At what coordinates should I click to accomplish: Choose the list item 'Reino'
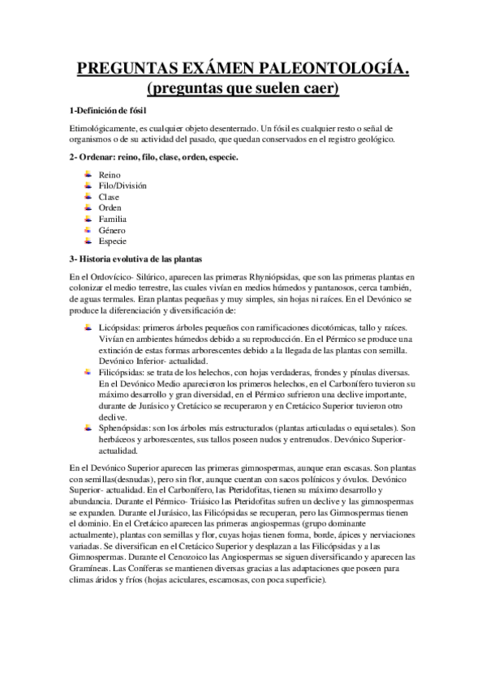[110, 174]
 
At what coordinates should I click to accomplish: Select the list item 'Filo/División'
[123, 186]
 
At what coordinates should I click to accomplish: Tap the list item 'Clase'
[109, 197]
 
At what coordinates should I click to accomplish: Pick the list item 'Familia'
[113, 219]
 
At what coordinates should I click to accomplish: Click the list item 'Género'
[112, 230]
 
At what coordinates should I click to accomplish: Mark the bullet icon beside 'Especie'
[87, 241]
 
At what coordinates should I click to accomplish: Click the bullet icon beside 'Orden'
[87, 207]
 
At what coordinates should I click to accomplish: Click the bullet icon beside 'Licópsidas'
[87, 326]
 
